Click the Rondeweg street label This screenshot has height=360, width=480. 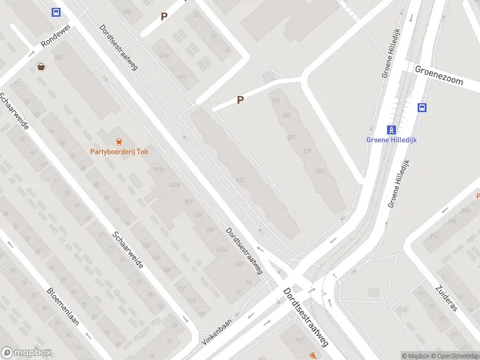pyautogui.click(x=52, y=37)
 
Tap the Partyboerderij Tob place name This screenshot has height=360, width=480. pyautogui.click(x=119, y=152)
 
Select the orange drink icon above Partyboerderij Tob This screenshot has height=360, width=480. pyautogui.click(x=119, y=142)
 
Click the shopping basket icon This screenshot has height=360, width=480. pyautogui.click(x=41, y=67)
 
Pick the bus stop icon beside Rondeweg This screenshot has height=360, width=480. pyautogui.click(x=56, y=12)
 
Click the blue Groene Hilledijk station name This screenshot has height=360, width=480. pyautogui.click(x=391, y=140)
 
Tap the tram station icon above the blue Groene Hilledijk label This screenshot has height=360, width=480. pyautogui.click(x=391, y=130)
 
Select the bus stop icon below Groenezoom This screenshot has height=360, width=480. pyautogui.click(x=422, y=108)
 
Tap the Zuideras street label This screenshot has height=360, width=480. pyautogui.click(x=448, y=298)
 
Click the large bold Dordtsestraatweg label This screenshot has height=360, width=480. pyautogui.click(x=307, y=317)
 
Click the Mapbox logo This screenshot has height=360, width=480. pyautogui.click(x=26, y=353)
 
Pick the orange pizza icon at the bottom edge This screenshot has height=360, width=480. pyautogui.click(x=313, y=356)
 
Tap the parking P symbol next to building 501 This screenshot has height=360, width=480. pyautogui.click(x=240, y=100)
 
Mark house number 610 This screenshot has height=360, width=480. pyautogui.click(x=164, y=56)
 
